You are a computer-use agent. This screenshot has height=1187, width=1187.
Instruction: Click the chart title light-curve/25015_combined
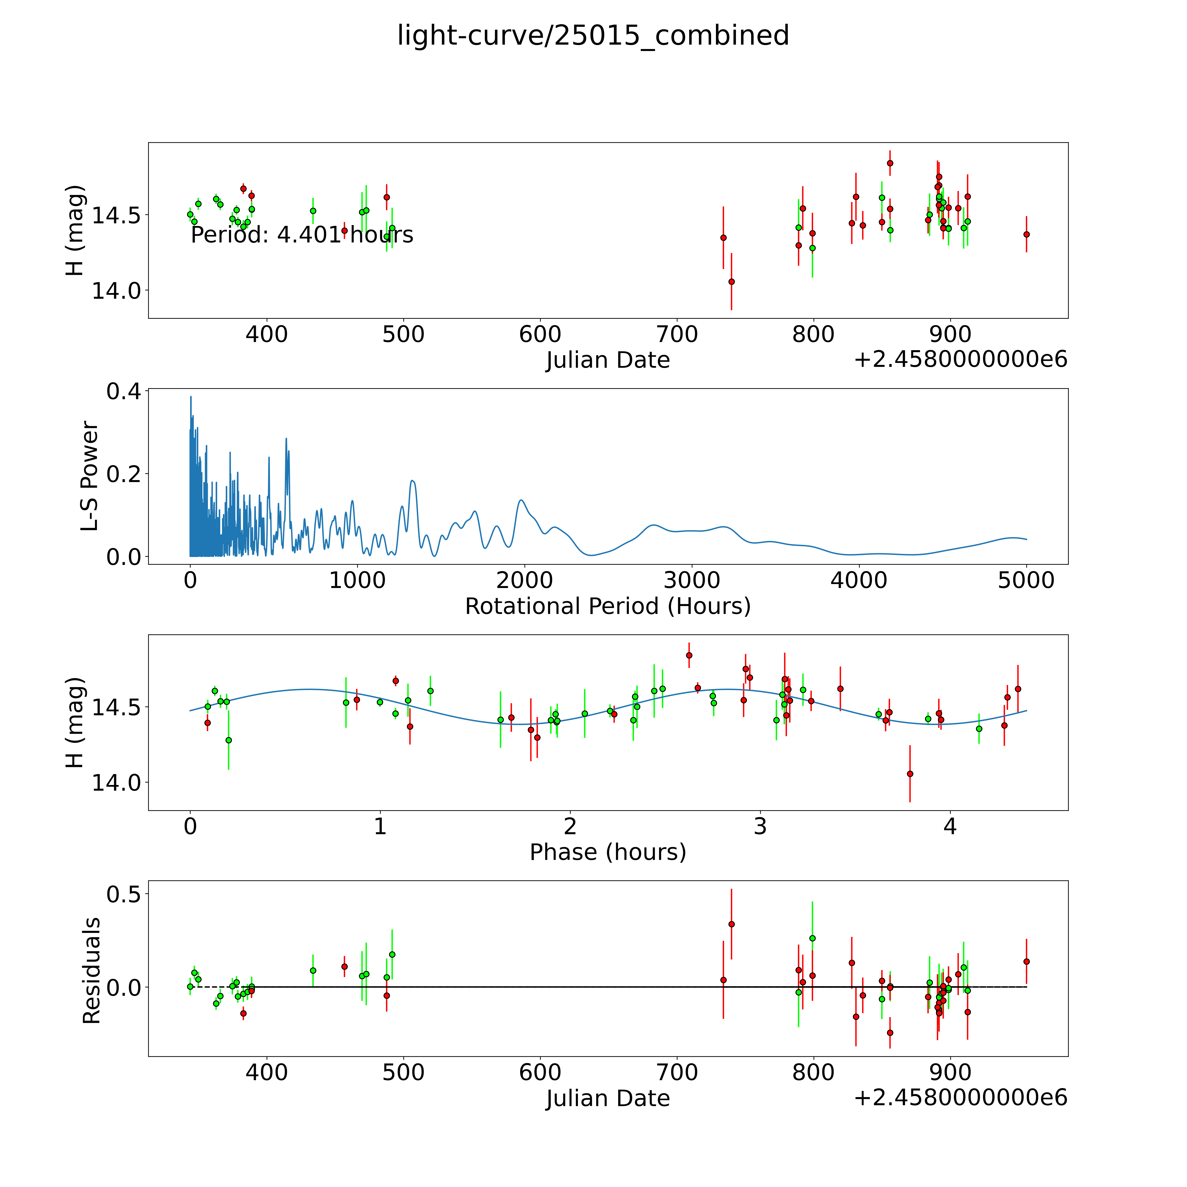point(593,36)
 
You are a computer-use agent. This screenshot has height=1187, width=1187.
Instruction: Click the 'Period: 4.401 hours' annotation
point(302,235)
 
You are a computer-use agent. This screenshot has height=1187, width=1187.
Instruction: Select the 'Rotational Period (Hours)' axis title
point(608,606)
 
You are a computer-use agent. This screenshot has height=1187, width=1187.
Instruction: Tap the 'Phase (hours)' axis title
point(608,852)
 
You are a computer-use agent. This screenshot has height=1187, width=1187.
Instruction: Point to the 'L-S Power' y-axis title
point(90,476)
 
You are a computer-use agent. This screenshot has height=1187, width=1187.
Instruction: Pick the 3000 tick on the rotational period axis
point(692,580)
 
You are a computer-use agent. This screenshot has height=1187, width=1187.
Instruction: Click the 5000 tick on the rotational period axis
point(1026,580)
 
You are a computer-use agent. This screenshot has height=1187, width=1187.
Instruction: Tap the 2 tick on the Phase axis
point(570,826)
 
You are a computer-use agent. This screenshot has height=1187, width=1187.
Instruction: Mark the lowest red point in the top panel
point(731,281)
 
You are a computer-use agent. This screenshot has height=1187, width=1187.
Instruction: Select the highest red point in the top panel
point(890,163)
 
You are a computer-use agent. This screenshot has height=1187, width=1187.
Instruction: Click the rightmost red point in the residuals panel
point(1026,961)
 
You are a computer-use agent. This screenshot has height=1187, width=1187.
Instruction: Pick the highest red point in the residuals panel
point(731,924)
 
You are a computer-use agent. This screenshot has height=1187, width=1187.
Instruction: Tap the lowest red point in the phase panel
point(910,774)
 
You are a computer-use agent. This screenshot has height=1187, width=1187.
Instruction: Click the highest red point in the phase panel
point(689,655)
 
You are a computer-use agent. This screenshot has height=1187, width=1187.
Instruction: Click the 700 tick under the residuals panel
point(677,1072)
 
